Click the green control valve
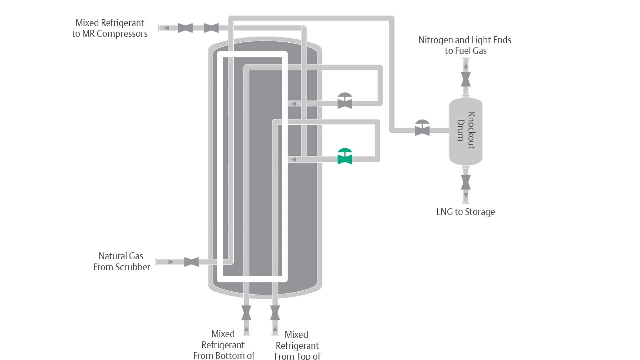coord(345,157)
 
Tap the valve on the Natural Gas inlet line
coord(191,262)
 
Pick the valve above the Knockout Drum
coord(466,79)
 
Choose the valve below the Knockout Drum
coord(466,182)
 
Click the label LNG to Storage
coord(465,212)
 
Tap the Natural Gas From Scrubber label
coord(121,261)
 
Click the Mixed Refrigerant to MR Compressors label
coord(110,28)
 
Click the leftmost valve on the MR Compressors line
coord(185,28)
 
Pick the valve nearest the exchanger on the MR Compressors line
coord(211,28)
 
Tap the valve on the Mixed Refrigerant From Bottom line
coord(246,313)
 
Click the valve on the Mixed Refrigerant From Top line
coord(275,313)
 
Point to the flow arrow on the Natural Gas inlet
coord(171,262)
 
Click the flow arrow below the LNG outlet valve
coord(466,195)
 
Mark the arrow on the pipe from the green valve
coord(293,160)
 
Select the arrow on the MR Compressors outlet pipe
coord(166,28)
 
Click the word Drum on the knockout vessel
coord(461,130)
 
